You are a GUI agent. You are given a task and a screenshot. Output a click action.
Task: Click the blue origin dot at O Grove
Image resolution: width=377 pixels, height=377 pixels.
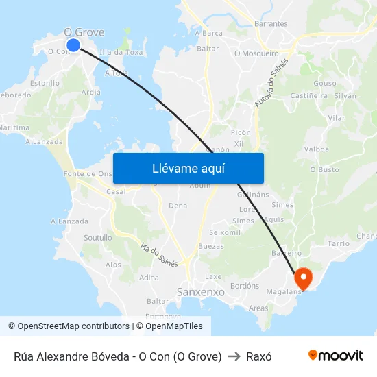pyautogui.click(x=73, y=45)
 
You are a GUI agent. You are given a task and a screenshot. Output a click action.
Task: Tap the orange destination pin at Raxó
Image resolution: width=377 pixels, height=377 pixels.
pyautogui.click(x=303, y=278)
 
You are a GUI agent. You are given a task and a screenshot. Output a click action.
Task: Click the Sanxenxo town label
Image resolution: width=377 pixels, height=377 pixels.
pyautogui.click(x=201, y=292)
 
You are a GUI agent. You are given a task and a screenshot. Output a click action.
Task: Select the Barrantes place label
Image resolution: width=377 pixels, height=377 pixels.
pyautogui.click(x=271, y=23)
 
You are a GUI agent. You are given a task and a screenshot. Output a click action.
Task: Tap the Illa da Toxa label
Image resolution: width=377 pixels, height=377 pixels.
pyautogui.click(x=121, y=52)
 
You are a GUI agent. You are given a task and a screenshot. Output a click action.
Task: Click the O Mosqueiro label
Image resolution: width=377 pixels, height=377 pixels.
pyautogui.click(x=256, y=53)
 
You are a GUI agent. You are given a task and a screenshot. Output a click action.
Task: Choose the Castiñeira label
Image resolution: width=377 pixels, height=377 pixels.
pyautogui.click(x=308, y=96)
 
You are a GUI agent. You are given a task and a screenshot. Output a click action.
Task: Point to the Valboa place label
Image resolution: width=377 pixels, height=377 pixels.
pyautogui.click(x=316, y=149)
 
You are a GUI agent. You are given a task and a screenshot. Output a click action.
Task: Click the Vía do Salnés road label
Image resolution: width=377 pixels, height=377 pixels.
pyautogui.click(x=159, y=255)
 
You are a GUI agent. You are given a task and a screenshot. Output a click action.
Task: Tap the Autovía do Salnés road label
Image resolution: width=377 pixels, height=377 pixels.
pyautogui.click(x=271, y=83)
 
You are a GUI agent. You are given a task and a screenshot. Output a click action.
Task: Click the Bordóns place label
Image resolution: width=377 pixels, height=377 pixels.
pyautogui.click(x=244, y=285)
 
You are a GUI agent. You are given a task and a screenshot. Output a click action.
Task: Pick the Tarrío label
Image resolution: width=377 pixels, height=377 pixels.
pyautogui.click(x=339, y=243)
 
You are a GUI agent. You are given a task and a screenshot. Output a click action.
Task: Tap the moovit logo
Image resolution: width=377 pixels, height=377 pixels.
pyautogui.click(x=335, y=356)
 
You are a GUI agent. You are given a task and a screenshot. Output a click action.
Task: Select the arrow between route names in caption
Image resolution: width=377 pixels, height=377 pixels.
pyautogui.click(x=234, y=356)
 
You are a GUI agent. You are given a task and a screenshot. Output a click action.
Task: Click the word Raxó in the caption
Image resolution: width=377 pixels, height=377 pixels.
pyautogui.click(x=259, y=356)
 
